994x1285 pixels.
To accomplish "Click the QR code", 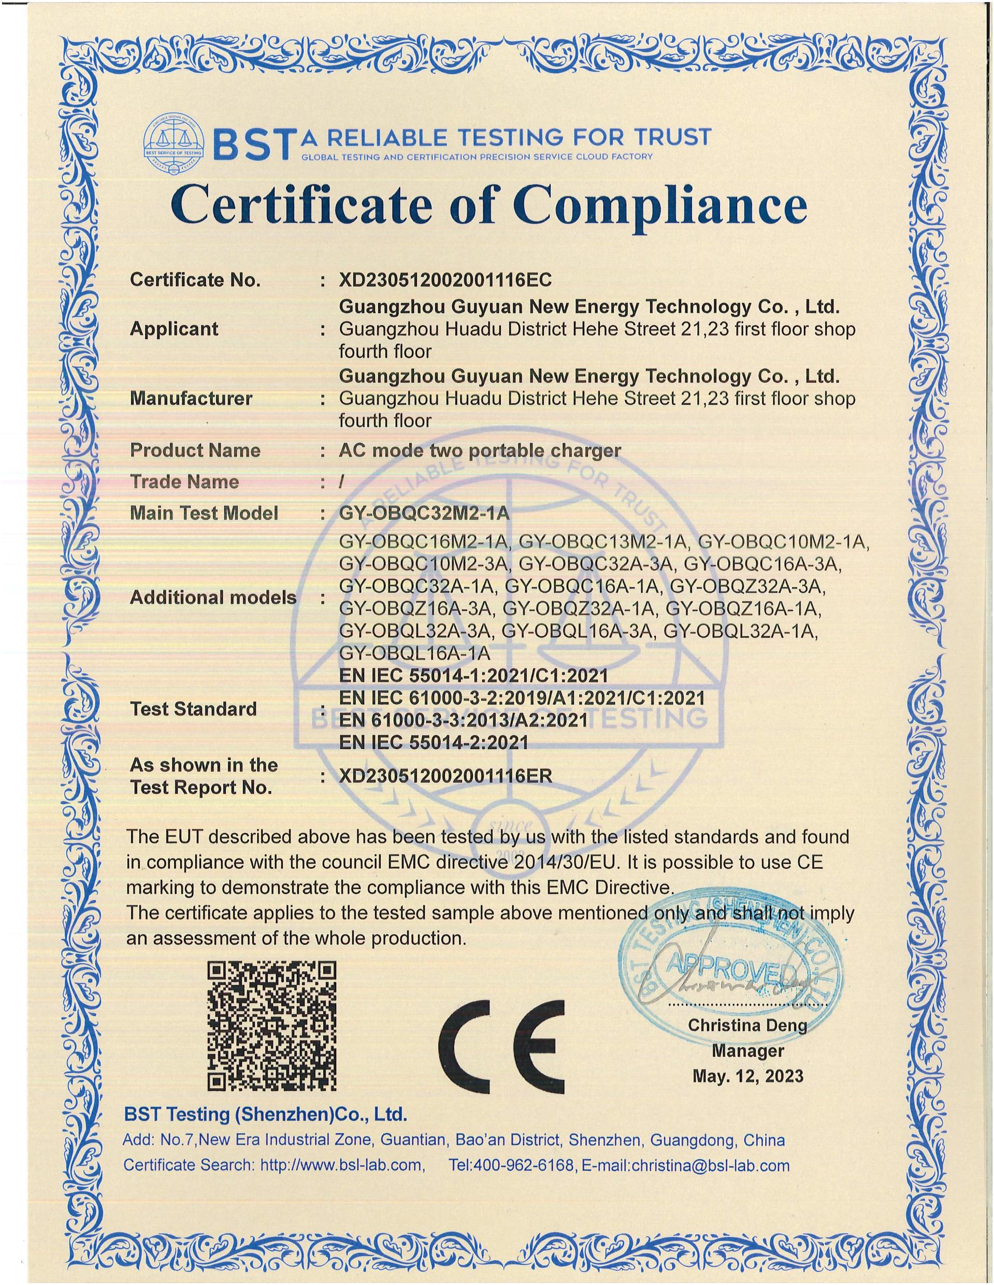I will point(272,1026).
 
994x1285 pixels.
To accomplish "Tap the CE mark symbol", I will point(501,1039).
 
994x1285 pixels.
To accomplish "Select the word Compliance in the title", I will point(660,206).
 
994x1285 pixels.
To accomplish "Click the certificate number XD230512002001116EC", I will point(445,280).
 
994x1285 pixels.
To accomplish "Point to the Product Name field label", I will point(195,451).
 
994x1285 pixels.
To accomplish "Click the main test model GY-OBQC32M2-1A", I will point(424,513).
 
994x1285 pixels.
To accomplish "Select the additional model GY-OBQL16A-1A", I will point(414,653).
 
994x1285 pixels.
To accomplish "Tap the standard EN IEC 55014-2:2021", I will point(434,742).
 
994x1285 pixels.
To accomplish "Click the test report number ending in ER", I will point(445,776).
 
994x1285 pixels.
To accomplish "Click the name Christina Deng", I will point(747,1025).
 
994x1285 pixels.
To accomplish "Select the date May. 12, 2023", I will point(747,1076).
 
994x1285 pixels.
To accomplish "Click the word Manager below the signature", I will point(747,1050).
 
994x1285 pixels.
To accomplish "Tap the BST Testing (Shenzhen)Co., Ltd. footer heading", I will point(265,1114).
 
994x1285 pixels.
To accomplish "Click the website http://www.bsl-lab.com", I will point(341,1165).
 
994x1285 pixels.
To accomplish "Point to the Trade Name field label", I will point(184,482).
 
